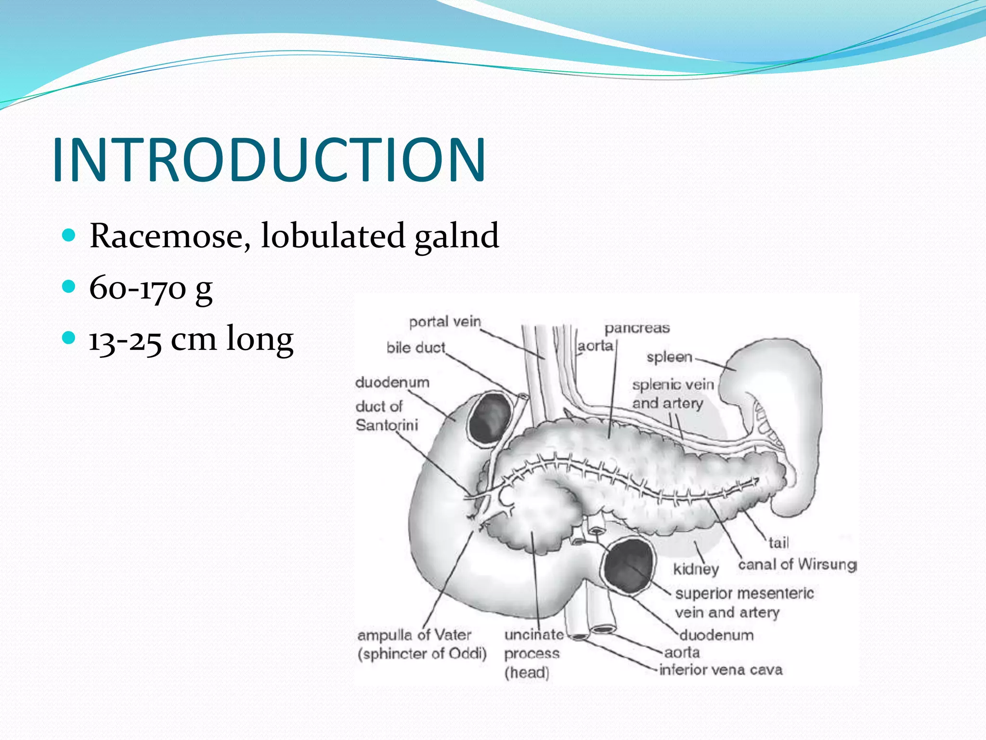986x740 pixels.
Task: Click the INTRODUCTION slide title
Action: tap(269, 160)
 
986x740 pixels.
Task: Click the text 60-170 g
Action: tap(151, 288)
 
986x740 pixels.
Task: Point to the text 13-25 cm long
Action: tap(191, 339)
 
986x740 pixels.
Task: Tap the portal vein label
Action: tap(445, 321)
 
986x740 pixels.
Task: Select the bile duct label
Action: tap(416, 347)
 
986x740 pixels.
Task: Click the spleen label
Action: tap(669, 357)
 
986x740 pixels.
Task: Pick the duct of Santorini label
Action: tap(387, 416)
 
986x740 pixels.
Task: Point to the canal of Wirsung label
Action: tap(797, 564)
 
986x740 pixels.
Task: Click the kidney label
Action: tap(696, 569)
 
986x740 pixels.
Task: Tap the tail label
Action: tap(778, 543)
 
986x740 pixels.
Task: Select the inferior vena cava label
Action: tap(721, 670)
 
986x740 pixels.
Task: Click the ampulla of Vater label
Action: tap(415, 635)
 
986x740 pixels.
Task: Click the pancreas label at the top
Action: tap(637, 328)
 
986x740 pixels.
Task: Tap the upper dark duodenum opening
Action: tap(490, 417)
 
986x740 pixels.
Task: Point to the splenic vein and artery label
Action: tap(673, 394)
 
